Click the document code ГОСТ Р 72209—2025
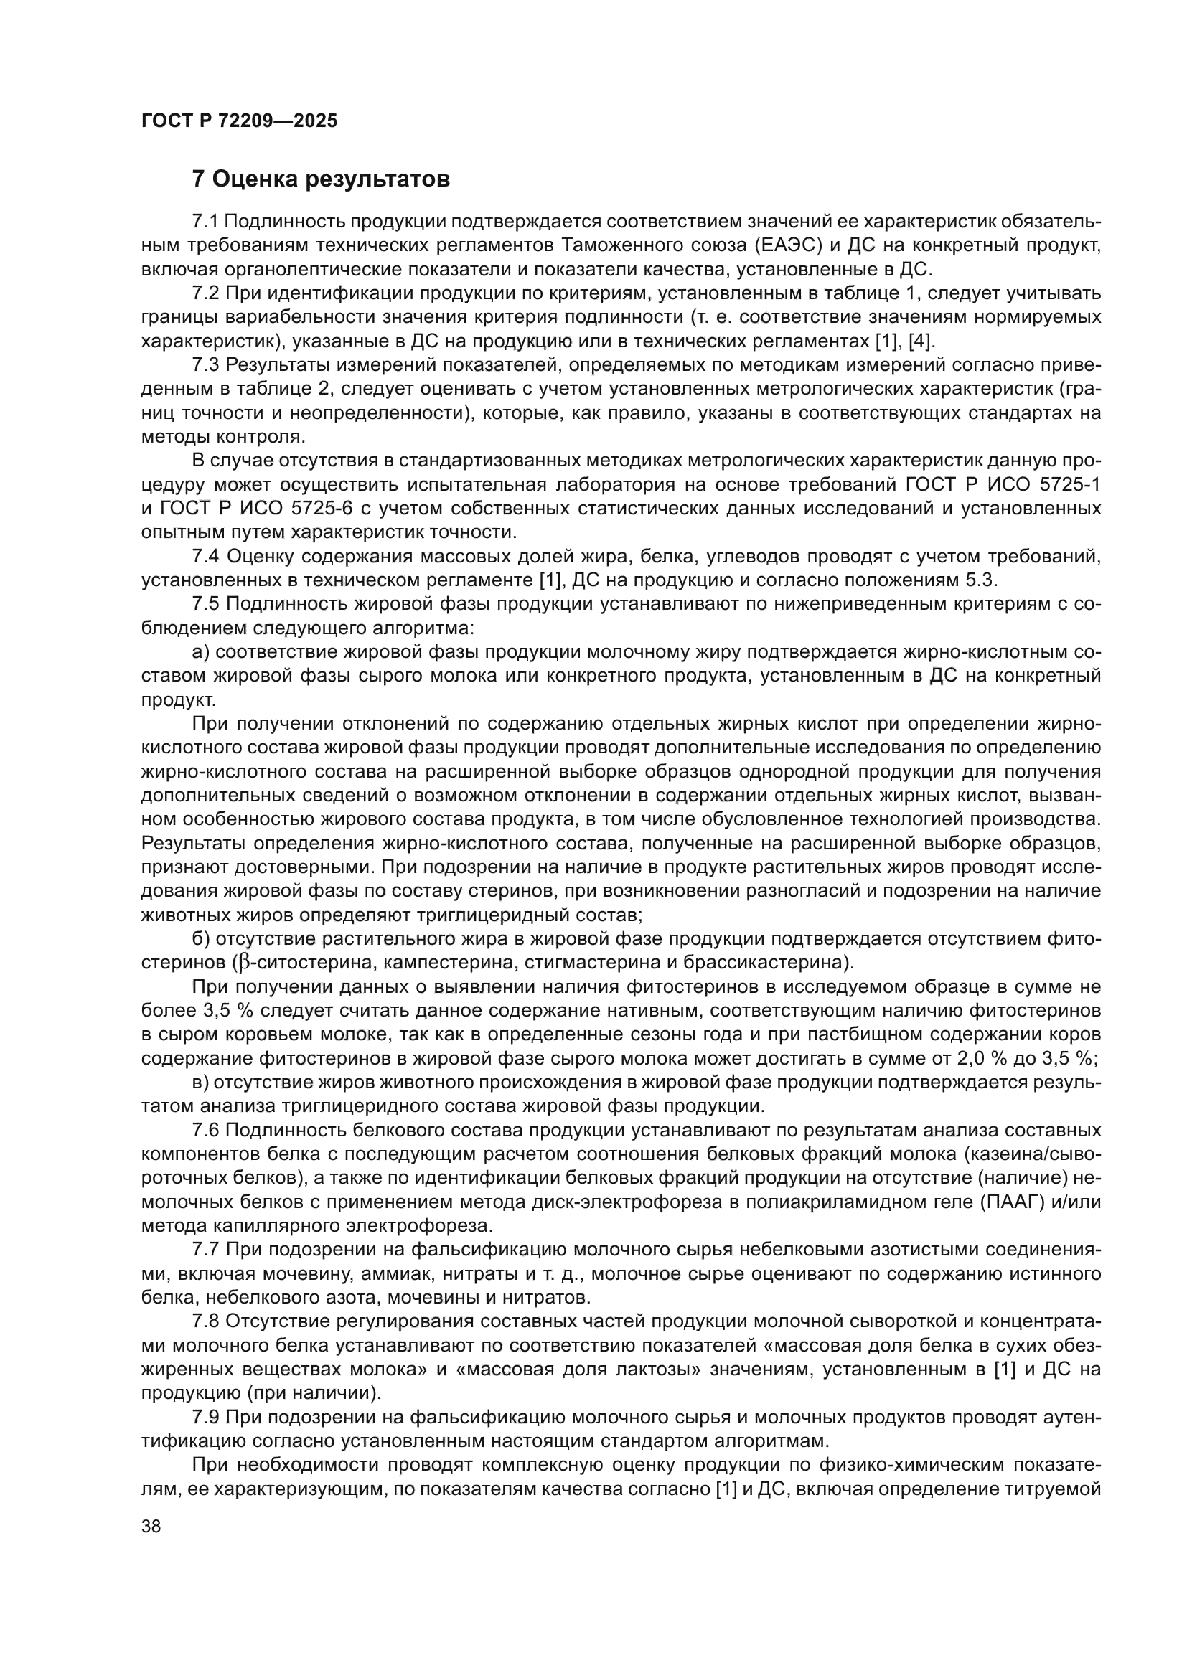click(x=239, y=121)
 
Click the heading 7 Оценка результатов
click(x=321, y=179)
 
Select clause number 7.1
click(x=205, y=222)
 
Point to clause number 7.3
click(x=205, y=364)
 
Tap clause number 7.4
click(x=205, y=556)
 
